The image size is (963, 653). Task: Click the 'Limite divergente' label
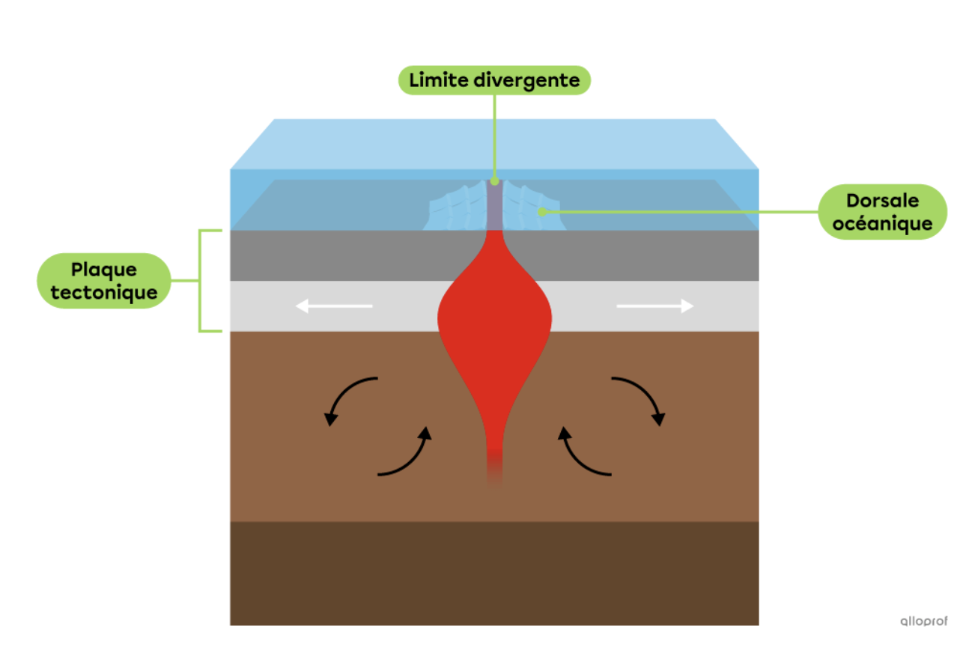pyautogui.click(x=494, y=80)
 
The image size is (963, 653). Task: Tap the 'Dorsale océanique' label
pyautogui.click(x=882, y=212)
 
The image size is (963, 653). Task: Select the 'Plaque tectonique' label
pyautogui.click(x=103, y=281)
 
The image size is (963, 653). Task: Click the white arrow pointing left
pyautogui.click(x=334, y=306)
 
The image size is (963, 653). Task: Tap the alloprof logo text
pyautogui.click(x=923, y=621)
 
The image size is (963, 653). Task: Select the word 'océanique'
pyautogui.click(x=882, y=223)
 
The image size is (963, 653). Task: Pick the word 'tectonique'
pyautogui.click(x=103, y=292)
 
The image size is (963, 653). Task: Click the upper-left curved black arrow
pyautogui.click(x=348, y=397)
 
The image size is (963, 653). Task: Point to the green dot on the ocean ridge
pyautogui.click(x=541, y=211)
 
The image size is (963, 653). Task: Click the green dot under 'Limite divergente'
pyautogui.click(x=494, y=181)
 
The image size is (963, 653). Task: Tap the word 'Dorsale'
pyautogui.click(x=882, y=201)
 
